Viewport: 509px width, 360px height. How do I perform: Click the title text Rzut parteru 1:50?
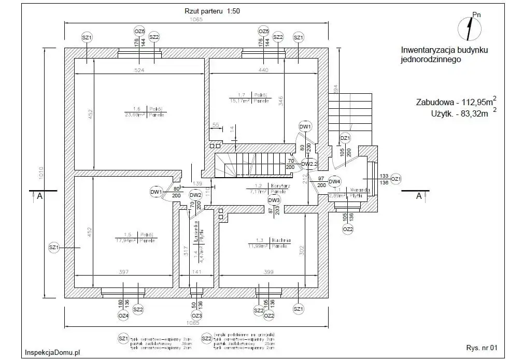click(x=212, y=10)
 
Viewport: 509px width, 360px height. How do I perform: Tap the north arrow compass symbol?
click(x=470, y=28)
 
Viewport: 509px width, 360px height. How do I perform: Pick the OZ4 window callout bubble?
click(x=123, y=315)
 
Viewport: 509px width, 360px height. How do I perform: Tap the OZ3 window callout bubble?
click(x=196, y=315)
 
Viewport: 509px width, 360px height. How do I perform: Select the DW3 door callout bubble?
click(x=274, y=200)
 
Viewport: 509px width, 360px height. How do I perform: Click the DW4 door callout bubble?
click(x=335, y=181)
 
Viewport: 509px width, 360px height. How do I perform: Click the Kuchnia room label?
click(x=280, y=240)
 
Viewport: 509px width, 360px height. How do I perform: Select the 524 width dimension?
click(x=138, y=69)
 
